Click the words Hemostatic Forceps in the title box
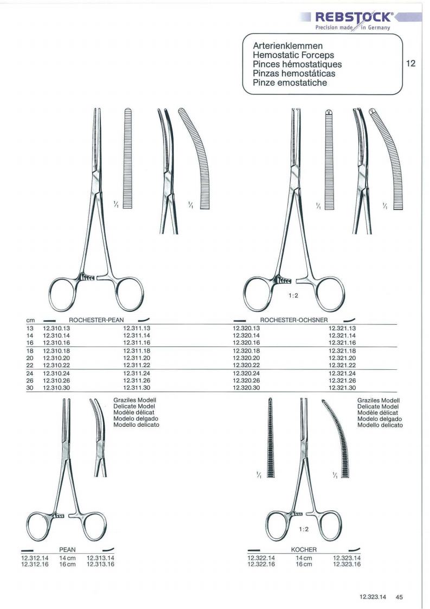pos(293,55)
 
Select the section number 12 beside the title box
pos(410,63)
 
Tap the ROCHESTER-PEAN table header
pos(97,320)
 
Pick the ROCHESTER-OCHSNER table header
pos(294,320)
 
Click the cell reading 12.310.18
pos(56,351)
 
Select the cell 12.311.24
pos(137,373)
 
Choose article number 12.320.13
pos(246,328)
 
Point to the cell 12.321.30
pos(342,388)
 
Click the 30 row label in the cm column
pos(30,388)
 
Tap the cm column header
pos(30,320)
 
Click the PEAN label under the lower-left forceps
pos(68,549)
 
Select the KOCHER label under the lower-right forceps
pos(304,549)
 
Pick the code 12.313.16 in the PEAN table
pos(100,565)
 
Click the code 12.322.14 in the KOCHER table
pos(261,558)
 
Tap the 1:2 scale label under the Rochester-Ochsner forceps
pos(293,296)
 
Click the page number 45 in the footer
pos(399,598)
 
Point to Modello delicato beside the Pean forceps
pos(136,425)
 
